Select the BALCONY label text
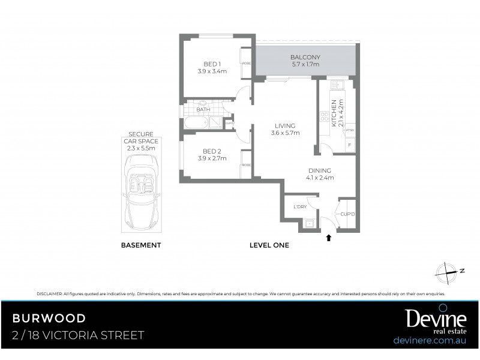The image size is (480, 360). pyautogui.click(x=305, y=57)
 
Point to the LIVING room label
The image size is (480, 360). pyautogui.click(x=285, y=125)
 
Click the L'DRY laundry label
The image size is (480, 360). pyautogui.click(x=300, y=207)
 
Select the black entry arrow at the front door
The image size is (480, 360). pyautogui.click(x=328, y=237)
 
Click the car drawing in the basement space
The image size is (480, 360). pyautogui.click(x=141, y=189)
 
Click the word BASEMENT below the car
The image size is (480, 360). pyautogui.click(x=141, y=245)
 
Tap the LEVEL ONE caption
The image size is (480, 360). pyautogui.click(x=269, y=245)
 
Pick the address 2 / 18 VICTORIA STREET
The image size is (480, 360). pyautogui.click(x=78, y=335)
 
